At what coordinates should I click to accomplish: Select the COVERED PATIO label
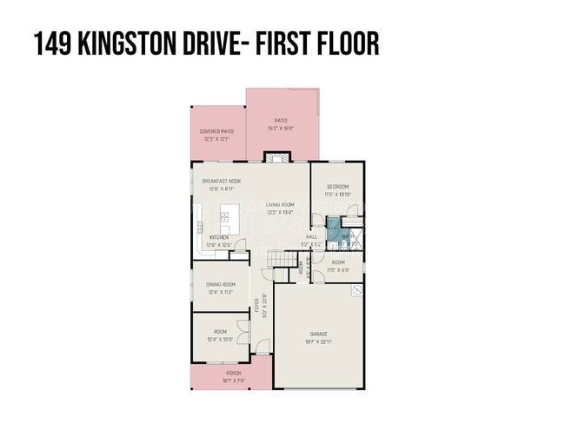216,131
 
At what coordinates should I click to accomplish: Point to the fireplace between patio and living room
276,158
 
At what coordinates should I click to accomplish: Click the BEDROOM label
338,187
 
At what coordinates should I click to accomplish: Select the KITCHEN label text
219,237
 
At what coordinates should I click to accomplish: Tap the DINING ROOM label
221,285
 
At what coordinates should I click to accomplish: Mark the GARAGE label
319,334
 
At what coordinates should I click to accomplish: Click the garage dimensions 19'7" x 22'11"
319,341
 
